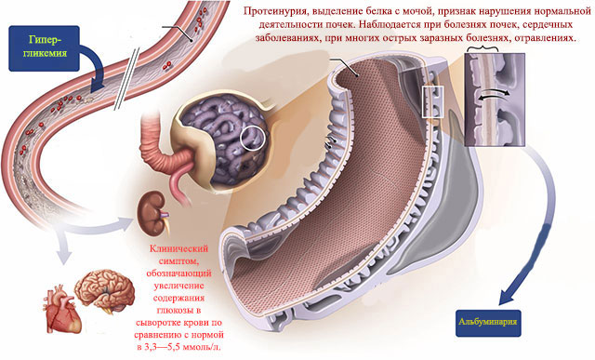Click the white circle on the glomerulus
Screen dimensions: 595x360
pos(252,139)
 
